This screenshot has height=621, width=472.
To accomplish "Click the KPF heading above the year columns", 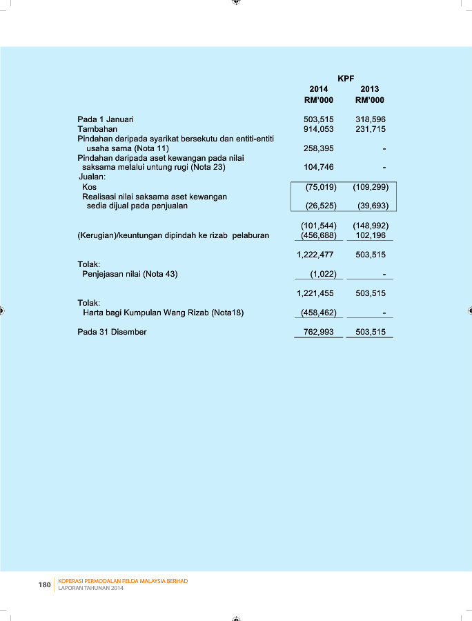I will click(346, 79).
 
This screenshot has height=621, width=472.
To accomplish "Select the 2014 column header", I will click(319, 89).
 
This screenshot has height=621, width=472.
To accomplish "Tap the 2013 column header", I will click(370, 89).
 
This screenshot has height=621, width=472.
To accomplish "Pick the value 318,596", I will click(371, 119).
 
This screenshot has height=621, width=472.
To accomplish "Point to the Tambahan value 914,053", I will click(319, 129).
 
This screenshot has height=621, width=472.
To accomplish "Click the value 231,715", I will click(371, 129).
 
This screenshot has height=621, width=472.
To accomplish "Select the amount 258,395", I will click(319, 148).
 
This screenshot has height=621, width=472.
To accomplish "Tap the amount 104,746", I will click(319, 167).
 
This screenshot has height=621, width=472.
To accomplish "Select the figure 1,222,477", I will click(315, 255).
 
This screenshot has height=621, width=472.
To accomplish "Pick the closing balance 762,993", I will click(319, 332).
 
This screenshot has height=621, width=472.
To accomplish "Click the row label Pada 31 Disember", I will click(112, 332).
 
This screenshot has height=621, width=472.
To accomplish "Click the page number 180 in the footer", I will click(44, 585).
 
